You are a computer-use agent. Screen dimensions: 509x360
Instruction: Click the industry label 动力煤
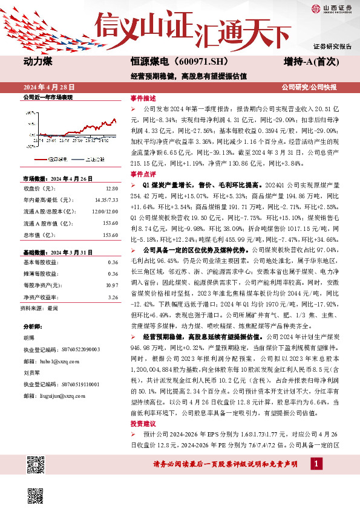[x=38, y=61]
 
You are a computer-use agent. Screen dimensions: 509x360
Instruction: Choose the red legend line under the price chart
[x=47, y=160]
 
